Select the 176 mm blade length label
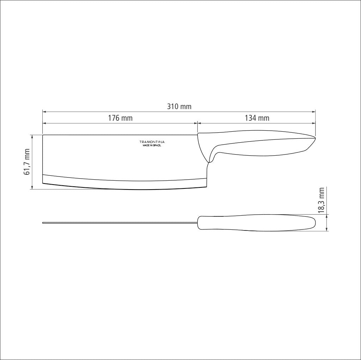(x=120, y=118)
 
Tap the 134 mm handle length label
(x=257, y=118)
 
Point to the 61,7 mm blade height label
(x=26, y=162)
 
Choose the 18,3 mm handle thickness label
(x=321, y=200)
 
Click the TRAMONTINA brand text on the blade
(x=152, y=142)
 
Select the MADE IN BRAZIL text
(x=152, y=145)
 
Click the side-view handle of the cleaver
(x=261, y=145)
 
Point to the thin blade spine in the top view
(x=120, y=223)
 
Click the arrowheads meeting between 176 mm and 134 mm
(x=197, y=124)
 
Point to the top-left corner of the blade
(x=43, y=135)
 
